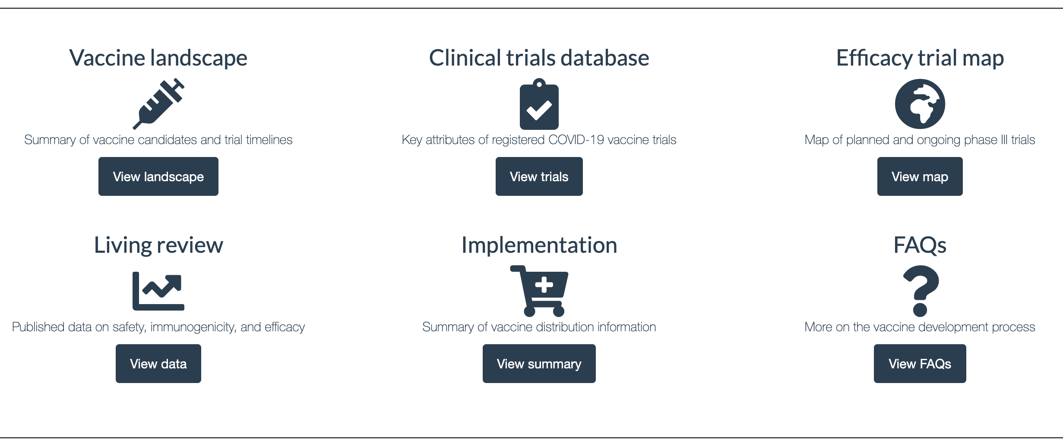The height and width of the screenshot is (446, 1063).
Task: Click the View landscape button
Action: click(158, 176)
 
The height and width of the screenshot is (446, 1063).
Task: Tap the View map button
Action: click(920, 176)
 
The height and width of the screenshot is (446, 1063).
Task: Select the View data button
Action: click(158, 364)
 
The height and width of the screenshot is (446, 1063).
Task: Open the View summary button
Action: click(539, 364)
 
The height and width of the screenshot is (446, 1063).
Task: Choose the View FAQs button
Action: click(920, 364)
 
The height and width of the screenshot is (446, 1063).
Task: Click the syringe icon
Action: click(158, 104)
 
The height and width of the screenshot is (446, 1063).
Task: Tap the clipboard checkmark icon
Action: click(539, 104)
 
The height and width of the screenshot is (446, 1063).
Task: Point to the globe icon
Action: click(920, 104)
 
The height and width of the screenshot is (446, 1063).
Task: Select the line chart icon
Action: click(158, 291)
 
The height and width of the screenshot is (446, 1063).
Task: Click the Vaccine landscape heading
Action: click(158, 58)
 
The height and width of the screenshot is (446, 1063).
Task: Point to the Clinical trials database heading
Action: click(539, 58)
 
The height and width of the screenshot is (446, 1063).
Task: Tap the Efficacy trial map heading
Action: click(920, 58)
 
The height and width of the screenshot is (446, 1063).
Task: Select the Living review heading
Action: click(158, 245)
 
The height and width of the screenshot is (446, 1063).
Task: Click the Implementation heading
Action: click(539, 245)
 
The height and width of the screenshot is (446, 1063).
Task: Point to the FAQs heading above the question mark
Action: click(920, 245)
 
